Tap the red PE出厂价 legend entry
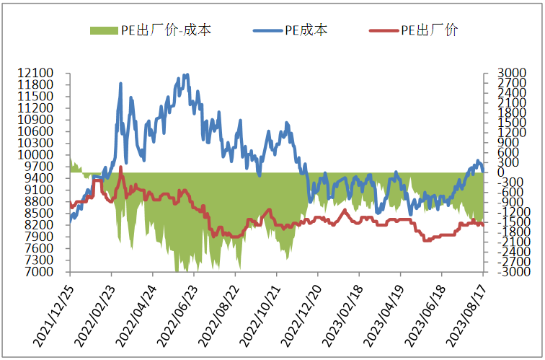point(430,30)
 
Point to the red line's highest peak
point(120,167)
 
